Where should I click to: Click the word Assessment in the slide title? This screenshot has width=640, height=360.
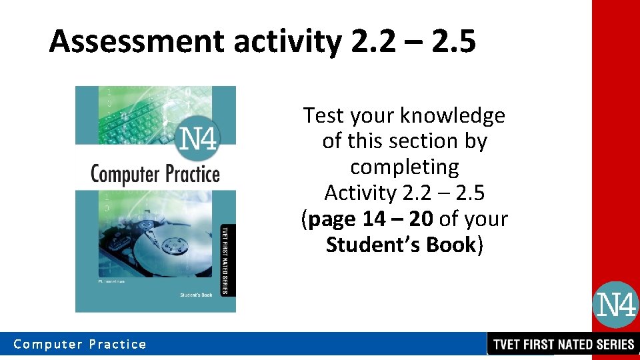pyautogui.click(x=137, y=41)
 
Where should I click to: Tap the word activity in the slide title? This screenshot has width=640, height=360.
pyautogui.click(x=286, y=41)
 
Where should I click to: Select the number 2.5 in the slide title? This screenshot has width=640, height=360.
pyautogui.click(x=453, y=41)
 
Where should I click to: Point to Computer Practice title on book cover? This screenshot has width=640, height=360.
pyautogui.click(x=155, y=175)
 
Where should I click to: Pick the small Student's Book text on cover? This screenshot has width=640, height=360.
pyautogui.click(x=195, y=294)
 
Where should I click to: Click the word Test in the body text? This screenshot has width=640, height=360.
pyautogui.click(x=323, y=115)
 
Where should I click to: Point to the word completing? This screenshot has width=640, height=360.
pyautogui.click(x=405, y=167)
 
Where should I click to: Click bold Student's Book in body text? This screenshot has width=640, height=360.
pyautogui.click(x=401, y=245)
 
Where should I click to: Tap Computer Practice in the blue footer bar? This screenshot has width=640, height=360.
pyautogui.click(x=80, y=344)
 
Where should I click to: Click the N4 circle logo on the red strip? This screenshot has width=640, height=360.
pyautogui.click(x=615, y=305)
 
